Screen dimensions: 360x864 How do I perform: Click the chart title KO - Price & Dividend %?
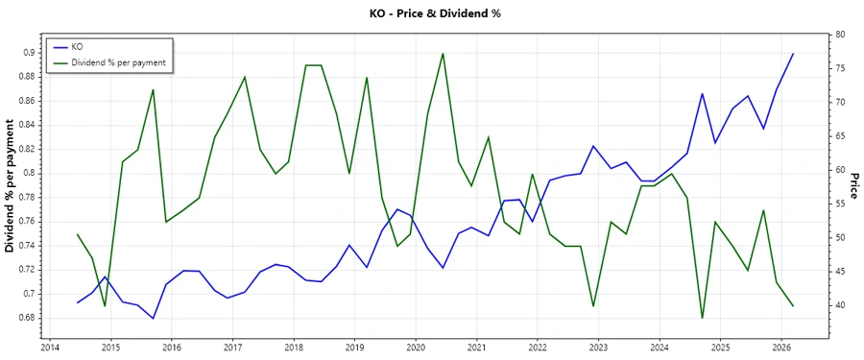tap(435, 13)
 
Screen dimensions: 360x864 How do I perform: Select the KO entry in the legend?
tap(77, 46)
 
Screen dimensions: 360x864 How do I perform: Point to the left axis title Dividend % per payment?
tap(11, 185)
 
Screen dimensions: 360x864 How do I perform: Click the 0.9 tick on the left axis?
tap(29, 53)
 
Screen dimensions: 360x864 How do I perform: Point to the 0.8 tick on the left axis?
tap(29, 173)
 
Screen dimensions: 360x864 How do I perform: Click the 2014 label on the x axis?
tap(49, 347)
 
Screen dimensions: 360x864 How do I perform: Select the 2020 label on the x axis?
tap(416, 347)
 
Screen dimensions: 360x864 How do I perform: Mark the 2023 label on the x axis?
tap(598, 347)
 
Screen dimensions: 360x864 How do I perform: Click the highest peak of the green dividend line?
tap(443, 53)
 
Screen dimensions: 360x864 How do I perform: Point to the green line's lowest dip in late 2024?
tap(702, 318)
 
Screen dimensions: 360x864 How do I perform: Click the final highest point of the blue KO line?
tap(793, 54)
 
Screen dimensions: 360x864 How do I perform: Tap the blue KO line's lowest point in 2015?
tap(153, 319)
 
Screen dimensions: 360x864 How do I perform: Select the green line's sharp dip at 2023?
tap(593, 305)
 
